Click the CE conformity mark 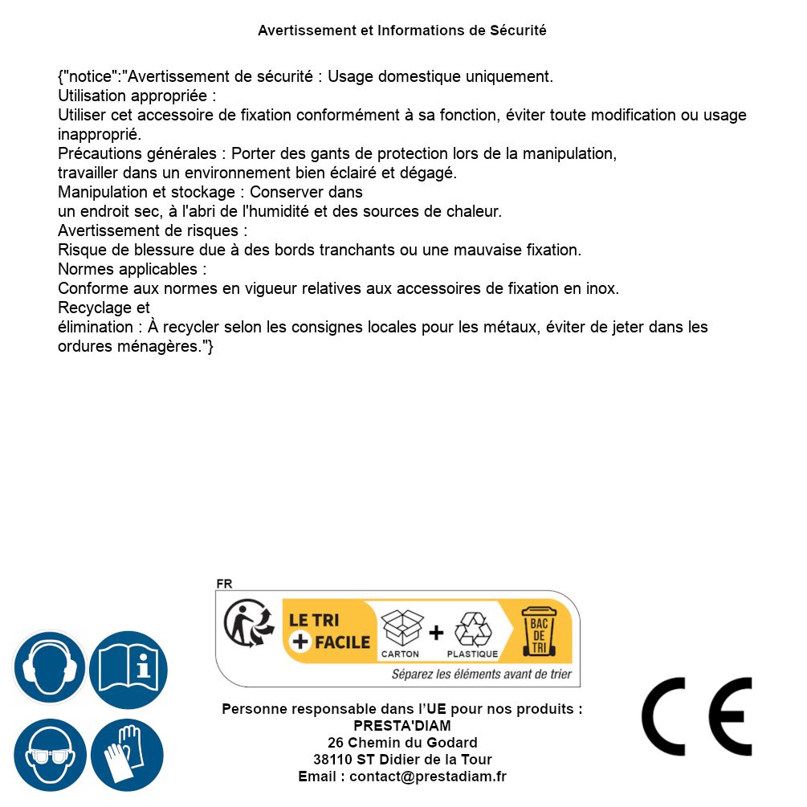pos(696,716)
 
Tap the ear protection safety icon pos(48,667)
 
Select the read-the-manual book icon pos(128,667)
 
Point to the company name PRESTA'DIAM pos(401,726)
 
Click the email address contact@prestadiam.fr pos(428,776)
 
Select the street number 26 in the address pos(336,743)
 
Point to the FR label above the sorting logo pos(224,585)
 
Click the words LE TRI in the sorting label pos(314,620)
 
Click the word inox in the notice pos(602,288)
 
